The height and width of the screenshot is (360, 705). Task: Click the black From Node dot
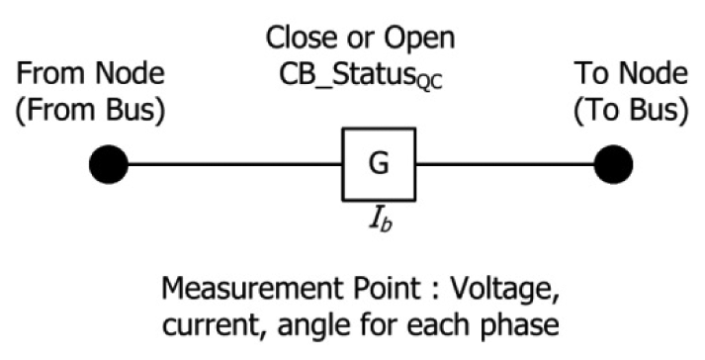[108, 164]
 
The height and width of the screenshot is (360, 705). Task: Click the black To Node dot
[612, 164]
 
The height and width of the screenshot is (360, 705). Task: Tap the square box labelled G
[378, 164]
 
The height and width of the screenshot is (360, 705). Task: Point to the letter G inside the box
[378, 164]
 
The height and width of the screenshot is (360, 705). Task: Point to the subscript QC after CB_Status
[429, 83]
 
